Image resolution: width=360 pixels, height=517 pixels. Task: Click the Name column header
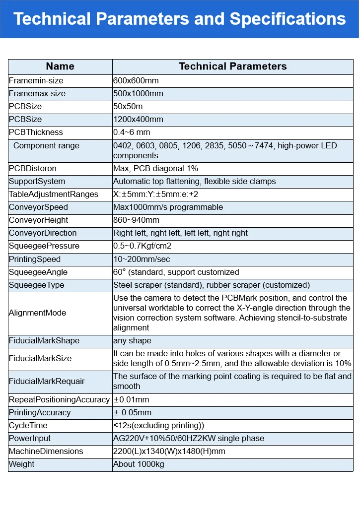[60, 66]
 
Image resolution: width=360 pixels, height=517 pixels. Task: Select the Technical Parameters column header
[232, 66]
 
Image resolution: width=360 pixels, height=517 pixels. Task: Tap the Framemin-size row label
[36, 80]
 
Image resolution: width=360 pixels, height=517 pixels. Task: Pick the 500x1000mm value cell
[138, 93]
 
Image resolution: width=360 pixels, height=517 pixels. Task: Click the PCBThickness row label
[36, 132]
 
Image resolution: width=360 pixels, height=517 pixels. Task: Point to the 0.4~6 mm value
[132, 132]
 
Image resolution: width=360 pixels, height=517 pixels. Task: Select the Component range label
[46, 145]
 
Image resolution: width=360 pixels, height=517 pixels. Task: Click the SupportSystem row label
[37, 181]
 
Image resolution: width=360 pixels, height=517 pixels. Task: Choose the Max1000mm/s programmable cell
[168, 207]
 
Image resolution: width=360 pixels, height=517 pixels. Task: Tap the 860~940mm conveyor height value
[136, 220]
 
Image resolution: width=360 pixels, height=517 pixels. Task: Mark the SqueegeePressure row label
[44, 246]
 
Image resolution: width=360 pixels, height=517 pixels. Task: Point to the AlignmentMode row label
[37, 313]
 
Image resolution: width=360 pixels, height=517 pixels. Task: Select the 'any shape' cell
[132, 341]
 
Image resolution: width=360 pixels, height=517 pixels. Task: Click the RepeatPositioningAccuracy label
[59, 399]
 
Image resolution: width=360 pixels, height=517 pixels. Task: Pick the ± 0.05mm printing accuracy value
[133, 412]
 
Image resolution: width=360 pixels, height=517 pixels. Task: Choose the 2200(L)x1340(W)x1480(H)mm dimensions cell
[169, 451]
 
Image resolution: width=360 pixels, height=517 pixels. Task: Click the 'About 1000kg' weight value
[139, 464]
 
